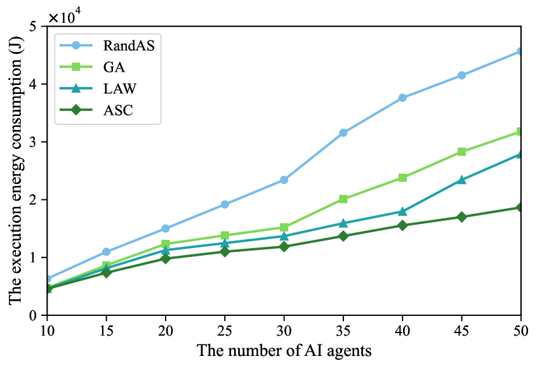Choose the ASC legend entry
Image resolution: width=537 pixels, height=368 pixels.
117,112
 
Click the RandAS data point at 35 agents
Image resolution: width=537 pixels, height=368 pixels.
343,133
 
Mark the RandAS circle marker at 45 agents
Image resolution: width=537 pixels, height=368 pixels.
461,76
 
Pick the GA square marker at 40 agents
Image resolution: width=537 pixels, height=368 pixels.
402,178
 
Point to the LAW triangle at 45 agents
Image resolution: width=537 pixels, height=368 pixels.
461,180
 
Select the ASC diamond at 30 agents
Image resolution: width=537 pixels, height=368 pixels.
284,246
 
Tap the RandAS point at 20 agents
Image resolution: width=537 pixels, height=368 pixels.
166,228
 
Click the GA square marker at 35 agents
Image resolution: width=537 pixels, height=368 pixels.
343,199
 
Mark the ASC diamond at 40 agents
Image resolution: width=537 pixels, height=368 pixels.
402,225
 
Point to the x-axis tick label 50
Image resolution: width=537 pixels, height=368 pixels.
520,330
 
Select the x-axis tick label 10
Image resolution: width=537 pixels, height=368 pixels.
47,330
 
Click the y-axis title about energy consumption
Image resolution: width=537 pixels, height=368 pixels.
14,170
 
